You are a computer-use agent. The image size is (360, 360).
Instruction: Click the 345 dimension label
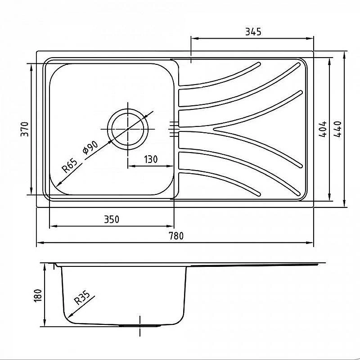pos(253,31)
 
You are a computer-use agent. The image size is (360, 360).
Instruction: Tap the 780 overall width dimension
pos(176,236)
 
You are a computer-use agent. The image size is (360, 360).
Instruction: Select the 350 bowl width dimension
pos(112,219)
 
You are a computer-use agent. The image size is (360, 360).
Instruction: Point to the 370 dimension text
pos(25,129)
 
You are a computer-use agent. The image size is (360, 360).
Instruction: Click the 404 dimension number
pos(323,129)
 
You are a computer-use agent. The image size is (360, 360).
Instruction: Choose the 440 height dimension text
pos(337,129)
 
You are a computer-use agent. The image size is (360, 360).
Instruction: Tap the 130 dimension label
pos(151,159)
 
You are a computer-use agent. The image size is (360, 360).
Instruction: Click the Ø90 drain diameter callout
pos(90,148)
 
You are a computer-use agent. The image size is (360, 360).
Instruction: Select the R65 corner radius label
pos(70,166)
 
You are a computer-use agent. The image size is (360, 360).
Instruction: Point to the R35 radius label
pos(82,298)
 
